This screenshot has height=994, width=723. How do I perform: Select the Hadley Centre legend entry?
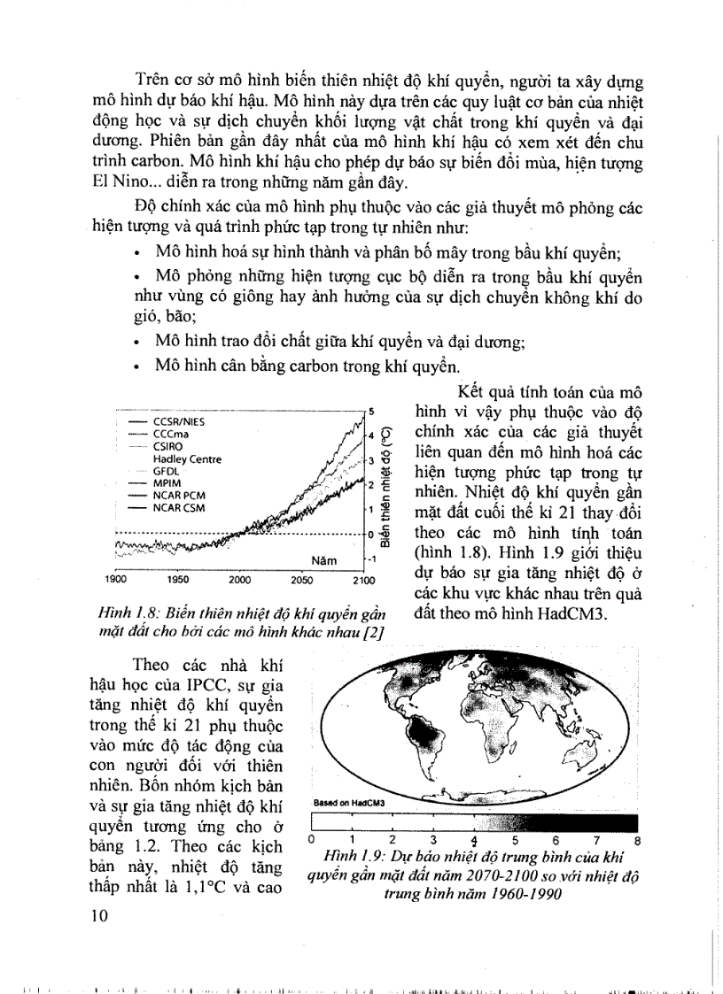(x=187, y=459)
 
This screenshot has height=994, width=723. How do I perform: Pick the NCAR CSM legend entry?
(x=178, y=508)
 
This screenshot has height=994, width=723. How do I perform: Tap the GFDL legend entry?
(x=167, y=472)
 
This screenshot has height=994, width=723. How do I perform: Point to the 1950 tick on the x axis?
(x=178, y=581)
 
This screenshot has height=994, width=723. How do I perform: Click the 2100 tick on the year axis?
(x=363, y=581)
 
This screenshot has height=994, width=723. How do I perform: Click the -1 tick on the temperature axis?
(x=373, y=559)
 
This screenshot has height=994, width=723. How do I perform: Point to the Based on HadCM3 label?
(x=341, y=803)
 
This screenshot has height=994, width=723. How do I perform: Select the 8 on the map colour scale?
(x=637, y=839)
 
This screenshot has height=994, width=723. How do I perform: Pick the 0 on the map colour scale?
(x=312, y=839)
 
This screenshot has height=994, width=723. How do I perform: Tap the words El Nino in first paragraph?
(x=119, y=183)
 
